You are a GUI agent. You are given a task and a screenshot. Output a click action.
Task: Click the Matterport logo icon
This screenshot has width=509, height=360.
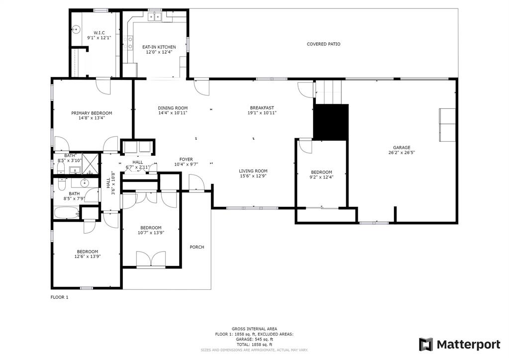(x=426, y=344)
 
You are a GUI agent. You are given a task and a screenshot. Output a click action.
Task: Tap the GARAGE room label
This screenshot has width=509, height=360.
(x=402, y=148)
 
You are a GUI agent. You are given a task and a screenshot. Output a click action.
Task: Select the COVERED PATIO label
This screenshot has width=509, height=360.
(x=323, y=44)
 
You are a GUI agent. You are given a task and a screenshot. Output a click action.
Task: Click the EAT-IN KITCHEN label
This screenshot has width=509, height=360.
(x=159, y=47)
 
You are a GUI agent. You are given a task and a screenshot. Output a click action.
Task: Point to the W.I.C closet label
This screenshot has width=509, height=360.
(x=92, y=33)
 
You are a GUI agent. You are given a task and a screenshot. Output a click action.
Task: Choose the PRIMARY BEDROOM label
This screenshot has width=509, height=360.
(x=92, y=113)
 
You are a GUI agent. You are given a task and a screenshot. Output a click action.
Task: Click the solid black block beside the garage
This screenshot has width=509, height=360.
(x=331, y=122)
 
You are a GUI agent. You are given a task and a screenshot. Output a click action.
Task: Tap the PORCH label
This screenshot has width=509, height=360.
(x=197, y=247)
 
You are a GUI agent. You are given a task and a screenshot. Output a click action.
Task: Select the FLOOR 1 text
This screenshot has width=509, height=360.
(x=59, y=297)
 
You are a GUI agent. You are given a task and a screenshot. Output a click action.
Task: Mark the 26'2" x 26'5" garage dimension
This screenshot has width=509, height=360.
(x=402, y=153)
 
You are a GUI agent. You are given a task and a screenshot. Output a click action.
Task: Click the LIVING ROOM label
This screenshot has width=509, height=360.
(x=253, y=171)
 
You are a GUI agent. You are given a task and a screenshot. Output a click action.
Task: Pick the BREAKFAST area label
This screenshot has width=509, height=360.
(x=262, y=108)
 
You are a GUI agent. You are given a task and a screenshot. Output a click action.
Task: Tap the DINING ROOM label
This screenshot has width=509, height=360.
(x=173, y=108)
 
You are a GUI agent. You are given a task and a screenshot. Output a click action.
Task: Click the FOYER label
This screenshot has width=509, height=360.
(x=186, y=159)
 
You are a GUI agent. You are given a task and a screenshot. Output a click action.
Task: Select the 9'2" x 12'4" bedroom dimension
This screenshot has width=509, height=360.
(x=321, y=178)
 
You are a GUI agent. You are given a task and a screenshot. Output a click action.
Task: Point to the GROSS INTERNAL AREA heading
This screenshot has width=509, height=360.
(x=254, y=329)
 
